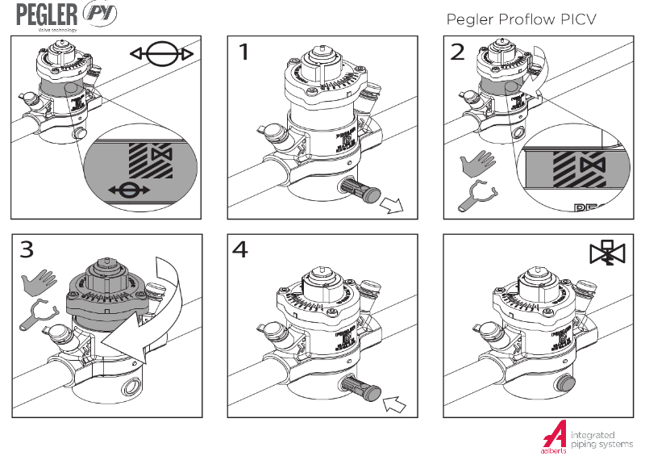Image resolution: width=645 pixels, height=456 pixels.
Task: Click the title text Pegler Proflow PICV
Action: coord(521,19)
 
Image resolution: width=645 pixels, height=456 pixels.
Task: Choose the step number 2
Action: coord(458,52)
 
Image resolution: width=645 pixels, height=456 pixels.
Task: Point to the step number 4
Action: coord(241,250)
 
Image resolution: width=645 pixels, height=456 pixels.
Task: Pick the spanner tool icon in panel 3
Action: coord(35,316)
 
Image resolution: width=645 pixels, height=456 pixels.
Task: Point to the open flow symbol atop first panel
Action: coord(162,54)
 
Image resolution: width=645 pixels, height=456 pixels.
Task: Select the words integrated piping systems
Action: coord(601,439)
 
